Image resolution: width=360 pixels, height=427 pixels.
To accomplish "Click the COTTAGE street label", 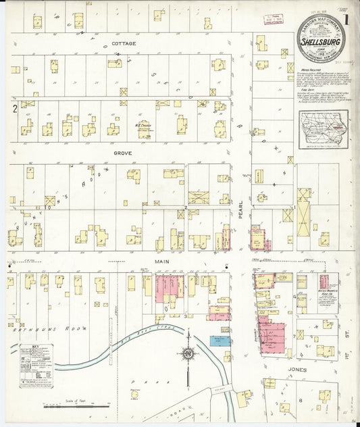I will point(124,43).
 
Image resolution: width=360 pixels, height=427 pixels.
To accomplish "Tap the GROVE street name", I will point(122,153).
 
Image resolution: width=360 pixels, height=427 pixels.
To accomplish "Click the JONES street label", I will point(297,370).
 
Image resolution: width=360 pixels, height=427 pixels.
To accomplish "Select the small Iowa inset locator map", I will point(325,128).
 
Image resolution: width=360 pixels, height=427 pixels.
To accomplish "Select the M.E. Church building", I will point(143,128).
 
